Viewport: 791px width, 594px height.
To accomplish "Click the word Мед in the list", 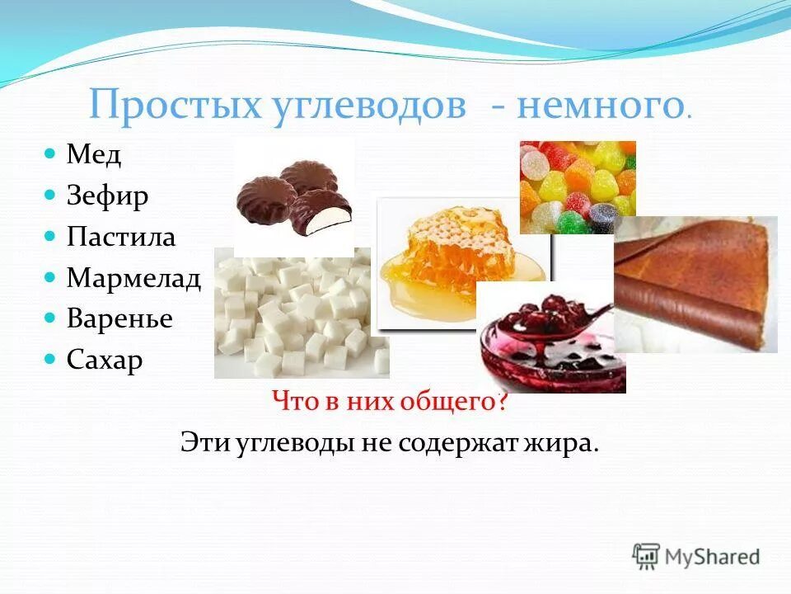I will (x=94, y=155).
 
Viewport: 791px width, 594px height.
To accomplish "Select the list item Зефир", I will (x=108, y=196).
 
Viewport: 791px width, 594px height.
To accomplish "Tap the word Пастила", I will (x=121, y=237).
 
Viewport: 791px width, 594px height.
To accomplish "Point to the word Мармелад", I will (x=133, y=278).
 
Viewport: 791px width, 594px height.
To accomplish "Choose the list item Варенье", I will (x=119, y=318).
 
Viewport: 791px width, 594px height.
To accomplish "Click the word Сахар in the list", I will (x=105, y=360).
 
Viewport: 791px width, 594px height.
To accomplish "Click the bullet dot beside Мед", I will (x=49, y=154).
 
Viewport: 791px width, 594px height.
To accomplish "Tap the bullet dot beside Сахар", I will (x=49, y=359).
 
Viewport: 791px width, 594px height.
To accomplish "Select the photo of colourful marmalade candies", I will (x=577, y=186).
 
